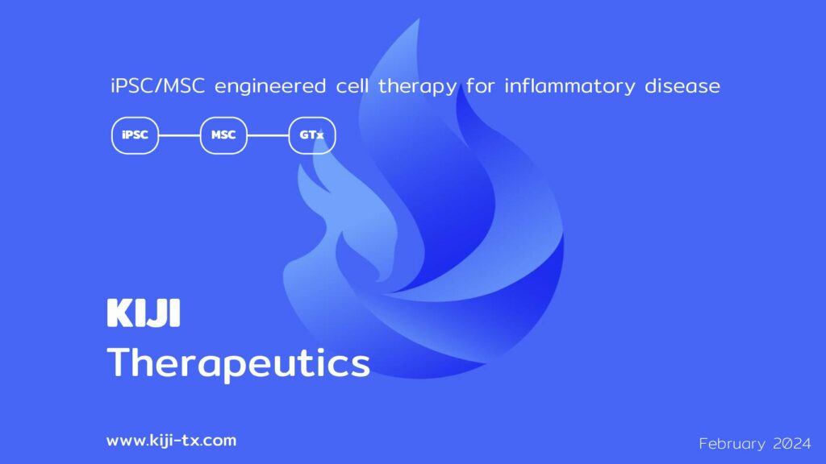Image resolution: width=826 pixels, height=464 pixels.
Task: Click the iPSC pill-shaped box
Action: coord(135,135)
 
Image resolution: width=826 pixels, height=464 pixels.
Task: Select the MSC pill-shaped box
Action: coord(223,135)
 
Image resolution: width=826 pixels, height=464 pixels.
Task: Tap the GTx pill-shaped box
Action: coord(312,135)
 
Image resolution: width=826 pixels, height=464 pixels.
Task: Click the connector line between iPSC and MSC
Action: coord(180,135)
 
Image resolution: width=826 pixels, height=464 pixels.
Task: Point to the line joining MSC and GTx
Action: coord(268,135)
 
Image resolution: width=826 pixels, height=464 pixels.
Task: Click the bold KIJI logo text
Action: coord(144,313)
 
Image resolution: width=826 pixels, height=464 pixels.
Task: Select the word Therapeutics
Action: coord(239,363)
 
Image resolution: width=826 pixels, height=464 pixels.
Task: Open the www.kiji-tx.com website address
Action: coord(171,441)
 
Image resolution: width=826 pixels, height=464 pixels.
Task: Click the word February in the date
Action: coord(732,444)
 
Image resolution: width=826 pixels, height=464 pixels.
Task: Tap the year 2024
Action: coord(792,444)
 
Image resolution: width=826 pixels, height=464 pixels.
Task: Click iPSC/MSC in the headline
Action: coord(157,85)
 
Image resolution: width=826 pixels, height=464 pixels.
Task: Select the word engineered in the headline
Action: coord(270,86)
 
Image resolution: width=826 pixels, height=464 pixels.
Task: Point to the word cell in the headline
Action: coord(353,85)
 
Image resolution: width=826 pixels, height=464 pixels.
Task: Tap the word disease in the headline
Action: coord(682,85)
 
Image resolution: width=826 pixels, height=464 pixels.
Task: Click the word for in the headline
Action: coord(481,85)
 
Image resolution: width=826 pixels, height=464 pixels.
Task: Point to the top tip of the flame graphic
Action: coord(419,19)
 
